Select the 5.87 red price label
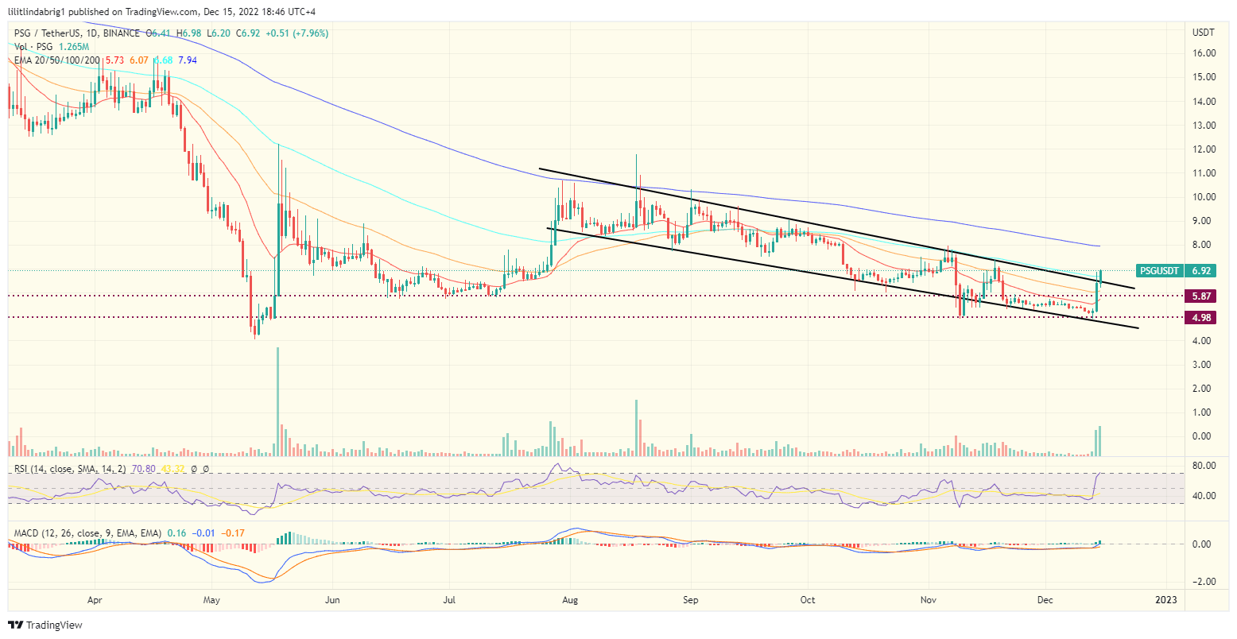tap(1202, 296)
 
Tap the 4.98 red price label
tap(1202, 317)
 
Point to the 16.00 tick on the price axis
tap(1204, 53)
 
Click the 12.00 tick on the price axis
tap(1204, 149)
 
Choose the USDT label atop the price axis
tap(1204, 33)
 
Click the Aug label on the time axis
tap(569, 600)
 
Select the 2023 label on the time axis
tap(1165, 600)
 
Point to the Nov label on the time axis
tap(926, 600)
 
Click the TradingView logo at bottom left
tap(45, 625)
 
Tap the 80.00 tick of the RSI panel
tap(1204, 465)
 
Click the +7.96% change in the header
tap(309, 33)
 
